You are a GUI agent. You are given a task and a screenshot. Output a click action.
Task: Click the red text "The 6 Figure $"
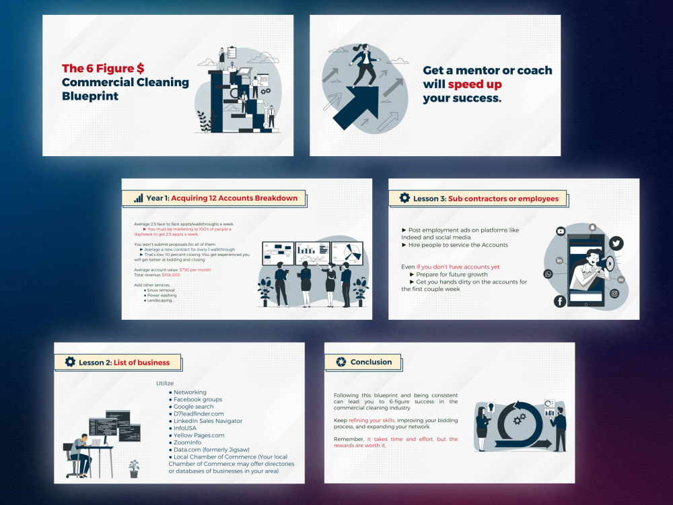coord(103,69)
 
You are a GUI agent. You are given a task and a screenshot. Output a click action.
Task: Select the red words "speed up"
coord(474,84)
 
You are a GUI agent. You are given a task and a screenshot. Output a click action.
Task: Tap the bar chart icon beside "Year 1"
coord(138,198)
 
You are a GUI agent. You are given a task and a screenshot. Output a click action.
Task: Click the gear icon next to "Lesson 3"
coord(404,198)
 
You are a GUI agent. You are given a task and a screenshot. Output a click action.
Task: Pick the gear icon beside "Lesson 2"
coord(70,362)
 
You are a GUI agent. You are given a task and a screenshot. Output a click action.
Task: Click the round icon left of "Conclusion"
coord(341,362)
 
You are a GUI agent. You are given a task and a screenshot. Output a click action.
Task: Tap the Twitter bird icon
coord(616,244)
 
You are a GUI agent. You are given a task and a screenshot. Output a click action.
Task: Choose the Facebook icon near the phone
coord(560,301)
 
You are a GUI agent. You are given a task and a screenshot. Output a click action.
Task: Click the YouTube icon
coord(561,231)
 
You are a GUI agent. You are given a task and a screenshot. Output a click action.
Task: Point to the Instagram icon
coord(614,294)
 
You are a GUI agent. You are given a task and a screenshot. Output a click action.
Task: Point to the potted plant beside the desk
coord(134,468)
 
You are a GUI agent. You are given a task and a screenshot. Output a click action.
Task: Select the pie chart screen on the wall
coord(347,253)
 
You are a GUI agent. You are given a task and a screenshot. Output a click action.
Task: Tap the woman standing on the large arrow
coord(364,64)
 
